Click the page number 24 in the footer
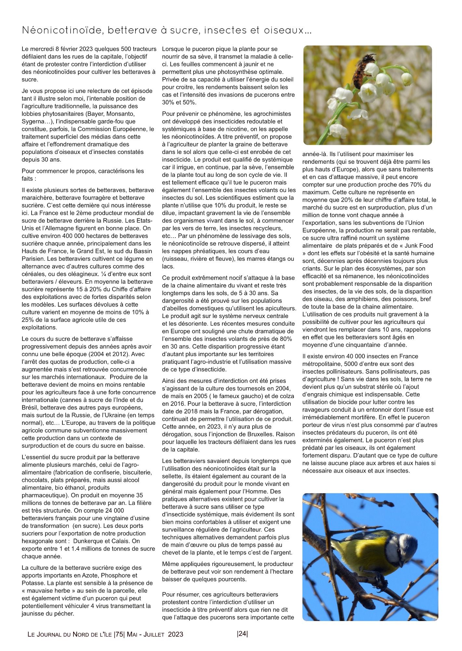243,633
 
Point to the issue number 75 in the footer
119,634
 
